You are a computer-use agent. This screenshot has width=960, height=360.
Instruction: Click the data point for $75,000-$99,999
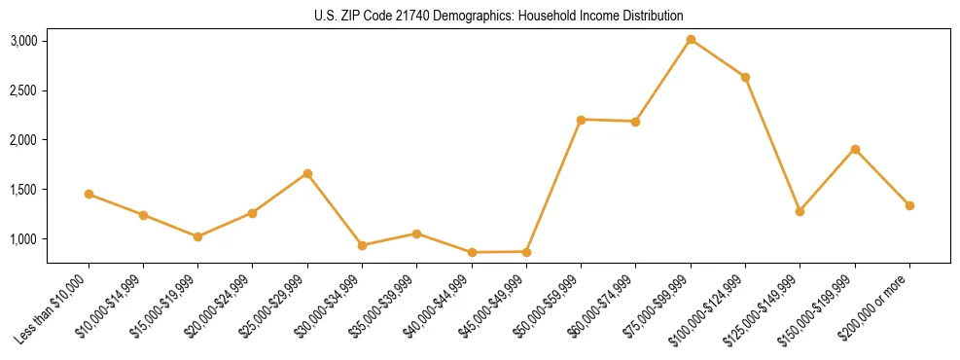(691, 40)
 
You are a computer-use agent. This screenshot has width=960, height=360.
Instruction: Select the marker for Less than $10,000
(89, 194)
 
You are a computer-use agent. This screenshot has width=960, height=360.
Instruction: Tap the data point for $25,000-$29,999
(307, 173)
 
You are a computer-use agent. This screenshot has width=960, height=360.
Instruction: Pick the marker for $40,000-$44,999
(472, 252)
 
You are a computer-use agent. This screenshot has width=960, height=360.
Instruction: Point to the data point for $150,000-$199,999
(855, 149)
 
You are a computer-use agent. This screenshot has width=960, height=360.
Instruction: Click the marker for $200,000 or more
(909, 205)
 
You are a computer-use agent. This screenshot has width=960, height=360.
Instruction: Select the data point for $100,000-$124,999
(745, 77)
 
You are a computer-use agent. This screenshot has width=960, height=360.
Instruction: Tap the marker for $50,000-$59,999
(581, 120)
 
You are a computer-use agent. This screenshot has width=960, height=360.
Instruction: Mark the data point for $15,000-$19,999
(197, 236)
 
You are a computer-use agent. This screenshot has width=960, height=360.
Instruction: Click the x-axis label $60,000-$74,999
(605, 304)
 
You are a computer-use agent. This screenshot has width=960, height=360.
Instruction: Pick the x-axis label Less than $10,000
(58, 304)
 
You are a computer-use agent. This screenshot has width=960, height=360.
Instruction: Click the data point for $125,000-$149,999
(800, 211)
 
